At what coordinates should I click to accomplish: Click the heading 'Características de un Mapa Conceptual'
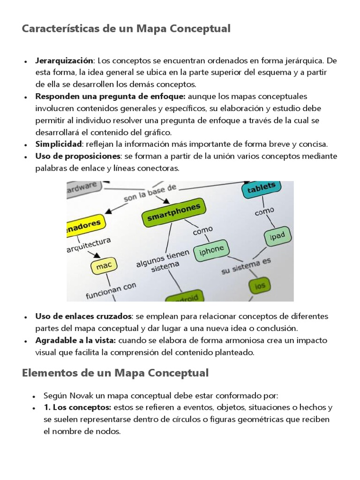(126, 29)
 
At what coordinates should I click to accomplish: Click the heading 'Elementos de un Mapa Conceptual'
(115, 373)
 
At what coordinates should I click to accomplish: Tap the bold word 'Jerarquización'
(65, 61)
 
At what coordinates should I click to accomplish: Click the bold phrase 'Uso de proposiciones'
(78, 156)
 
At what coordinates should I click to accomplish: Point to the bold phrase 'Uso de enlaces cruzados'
(84, 316)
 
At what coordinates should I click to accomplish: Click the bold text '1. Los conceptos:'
(77, 407)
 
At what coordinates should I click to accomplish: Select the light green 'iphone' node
(211, 250)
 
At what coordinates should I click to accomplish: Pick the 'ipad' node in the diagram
(277, 236)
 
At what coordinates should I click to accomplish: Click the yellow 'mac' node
(104, 266)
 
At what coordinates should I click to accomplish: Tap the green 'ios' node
(259, 285)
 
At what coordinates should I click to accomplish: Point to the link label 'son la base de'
(150, 193)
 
